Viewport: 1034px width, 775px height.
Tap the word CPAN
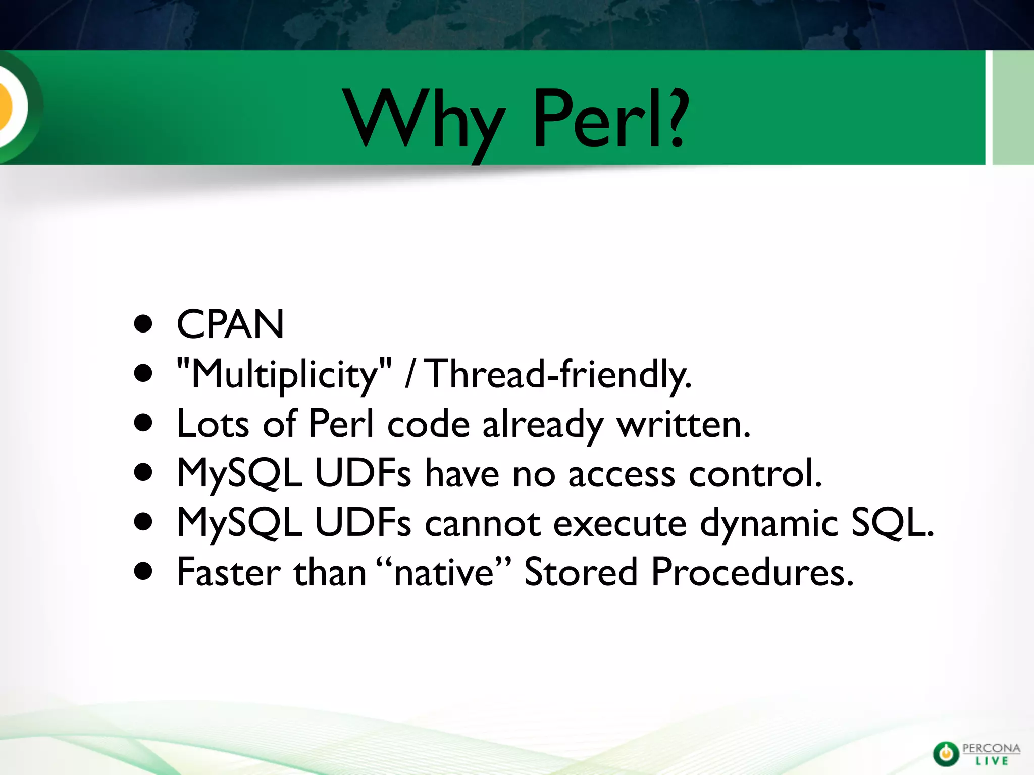click(230, 324)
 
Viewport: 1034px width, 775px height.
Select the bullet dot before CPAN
click(143, 324)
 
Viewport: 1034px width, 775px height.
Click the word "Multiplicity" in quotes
click(284, 374)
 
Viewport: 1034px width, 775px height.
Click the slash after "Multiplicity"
click(410, 374)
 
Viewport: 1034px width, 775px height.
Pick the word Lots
click(213, 424)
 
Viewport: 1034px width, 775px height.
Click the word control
click(755, 473)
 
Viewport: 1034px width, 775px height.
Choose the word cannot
click(482, 523)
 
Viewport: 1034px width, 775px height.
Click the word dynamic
click(769, 523)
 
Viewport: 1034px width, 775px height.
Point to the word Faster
click(229, 573)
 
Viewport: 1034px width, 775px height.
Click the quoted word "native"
click(444, 573)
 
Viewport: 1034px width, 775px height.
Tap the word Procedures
click(752, 573)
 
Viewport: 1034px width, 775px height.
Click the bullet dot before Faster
click(143, 572)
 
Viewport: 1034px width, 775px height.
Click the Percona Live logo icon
click(945, 754)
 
